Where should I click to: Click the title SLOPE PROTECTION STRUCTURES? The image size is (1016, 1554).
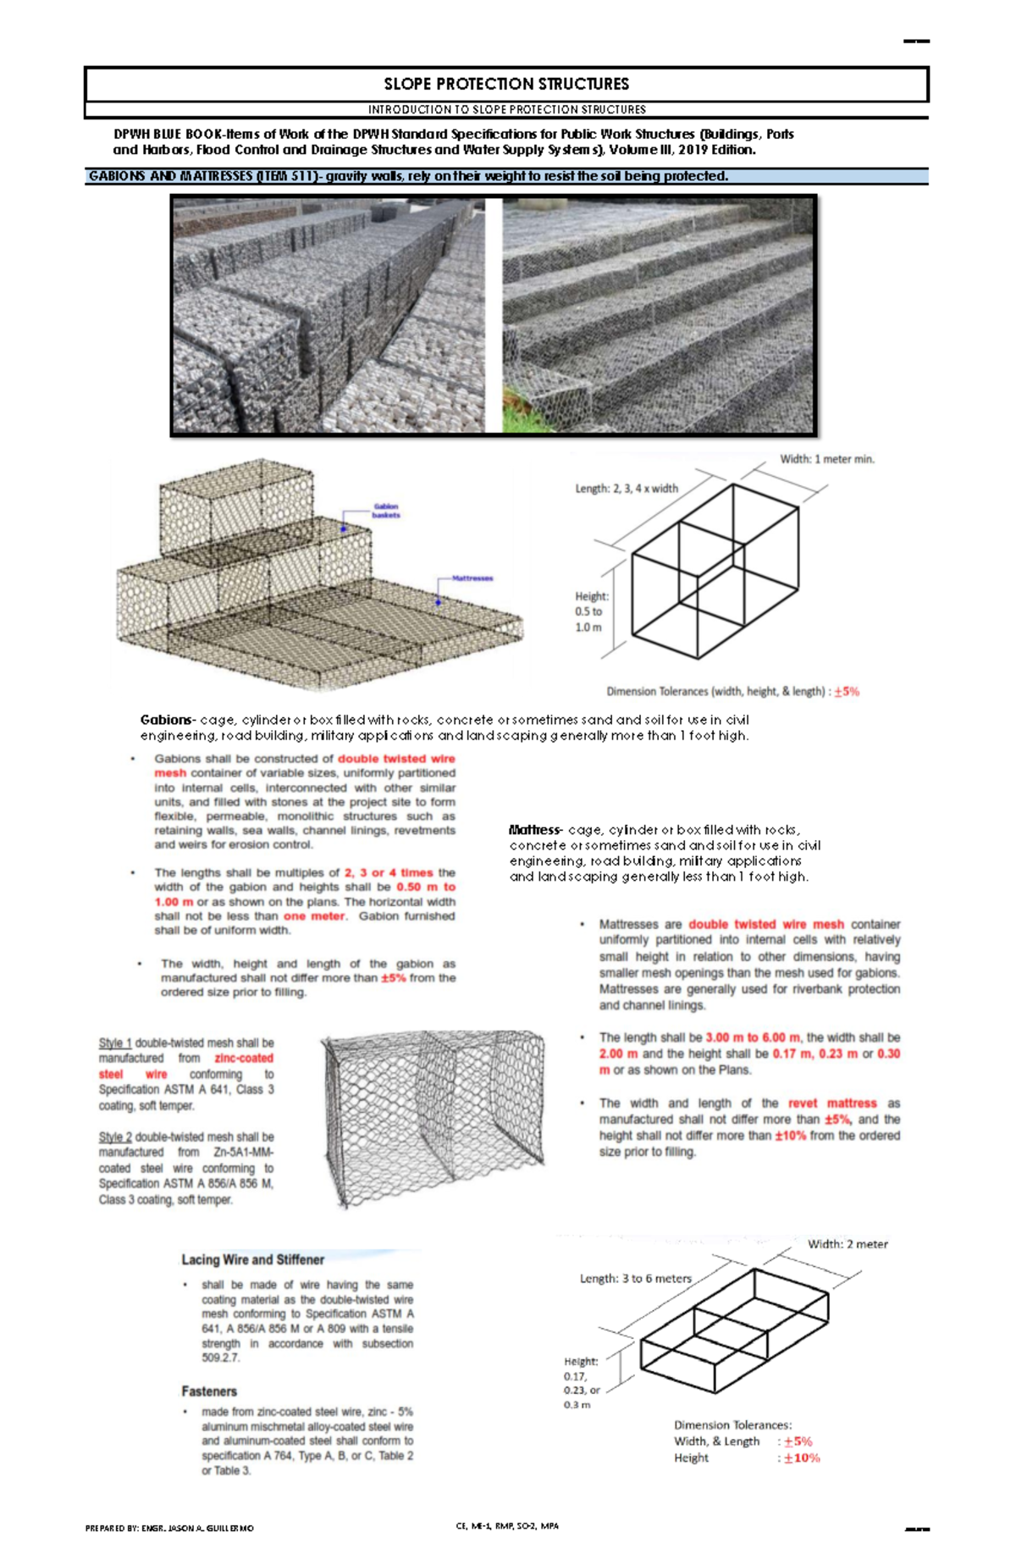coord(506,84)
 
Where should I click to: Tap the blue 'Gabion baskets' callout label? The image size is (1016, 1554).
coord(386,511)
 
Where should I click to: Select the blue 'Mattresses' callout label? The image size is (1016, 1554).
coord(472,578)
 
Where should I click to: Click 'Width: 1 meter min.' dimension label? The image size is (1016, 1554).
coord(826,459)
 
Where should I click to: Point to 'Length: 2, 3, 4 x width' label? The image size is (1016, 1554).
coord(627,489)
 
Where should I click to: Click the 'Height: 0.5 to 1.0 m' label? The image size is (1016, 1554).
coord(590,611)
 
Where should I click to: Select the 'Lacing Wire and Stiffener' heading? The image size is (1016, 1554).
coord(252,1259)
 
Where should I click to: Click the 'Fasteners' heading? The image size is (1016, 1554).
coord(209,1391)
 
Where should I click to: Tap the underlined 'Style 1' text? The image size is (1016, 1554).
coord(115,1043)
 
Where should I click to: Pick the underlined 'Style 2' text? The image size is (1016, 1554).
coord(115,1137)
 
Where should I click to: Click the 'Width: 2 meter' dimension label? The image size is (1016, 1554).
coord(848,1244)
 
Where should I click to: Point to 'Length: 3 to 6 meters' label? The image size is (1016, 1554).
coord(635,1279)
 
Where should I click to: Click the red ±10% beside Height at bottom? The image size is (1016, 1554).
coord(801,1457)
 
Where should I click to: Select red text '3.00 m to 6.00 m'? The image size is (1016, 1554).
coord(753,1037)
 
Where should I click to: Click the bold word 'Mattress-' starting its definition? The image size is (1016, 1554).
coord(535,830)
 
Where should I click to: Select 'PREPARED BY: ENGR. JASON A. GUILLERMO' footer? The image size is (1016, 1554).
coord(168,1529)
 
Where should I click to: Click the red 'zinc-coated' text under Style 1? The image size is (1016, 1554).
coord(244,1059)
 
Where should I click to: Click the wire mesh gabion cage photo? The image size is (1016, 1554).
coord(433,1118)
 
